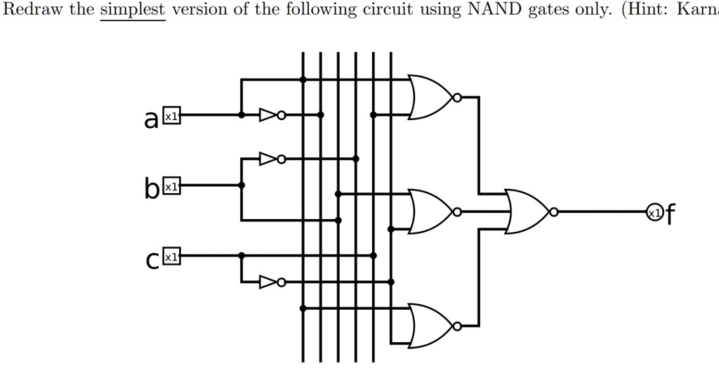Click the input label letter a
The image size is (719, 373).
click(152, 119)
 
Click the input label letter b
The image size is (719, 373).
click(152, 188)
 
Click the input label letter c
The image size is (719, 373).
click(152, 260)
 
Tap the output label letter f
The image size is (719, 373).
click(670, 214)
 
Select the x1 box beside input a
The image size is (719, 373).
click(171, 116)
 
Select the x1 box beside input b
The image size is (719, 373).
click(171, 185)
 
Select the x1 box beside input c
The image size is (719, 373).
click(171, 256)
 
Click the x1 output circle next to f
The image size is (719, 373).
click(655, 212)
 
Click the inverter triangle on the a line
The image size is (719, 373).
click(268, 114)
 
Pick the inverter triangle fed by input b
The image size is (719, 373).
click(268, 159)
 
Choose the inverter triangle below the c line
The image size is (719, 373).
click(268, 282)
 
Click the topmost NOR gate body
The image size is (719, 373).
click(430, 97)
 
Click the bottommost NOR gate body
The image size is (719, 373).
click(430, 326)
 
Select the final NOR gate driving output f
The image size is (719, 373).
click(527, 211)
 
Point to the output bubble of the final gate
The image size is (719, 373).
click(554, 212)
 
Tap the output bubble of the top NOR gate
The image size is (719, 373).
click(457, 97)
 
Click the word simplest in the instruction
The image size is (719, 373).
click(133, 10)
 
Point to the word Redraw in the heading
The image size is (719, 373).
click(32, 9)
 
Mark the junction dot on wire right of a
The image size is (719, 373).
click(242, 114)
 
